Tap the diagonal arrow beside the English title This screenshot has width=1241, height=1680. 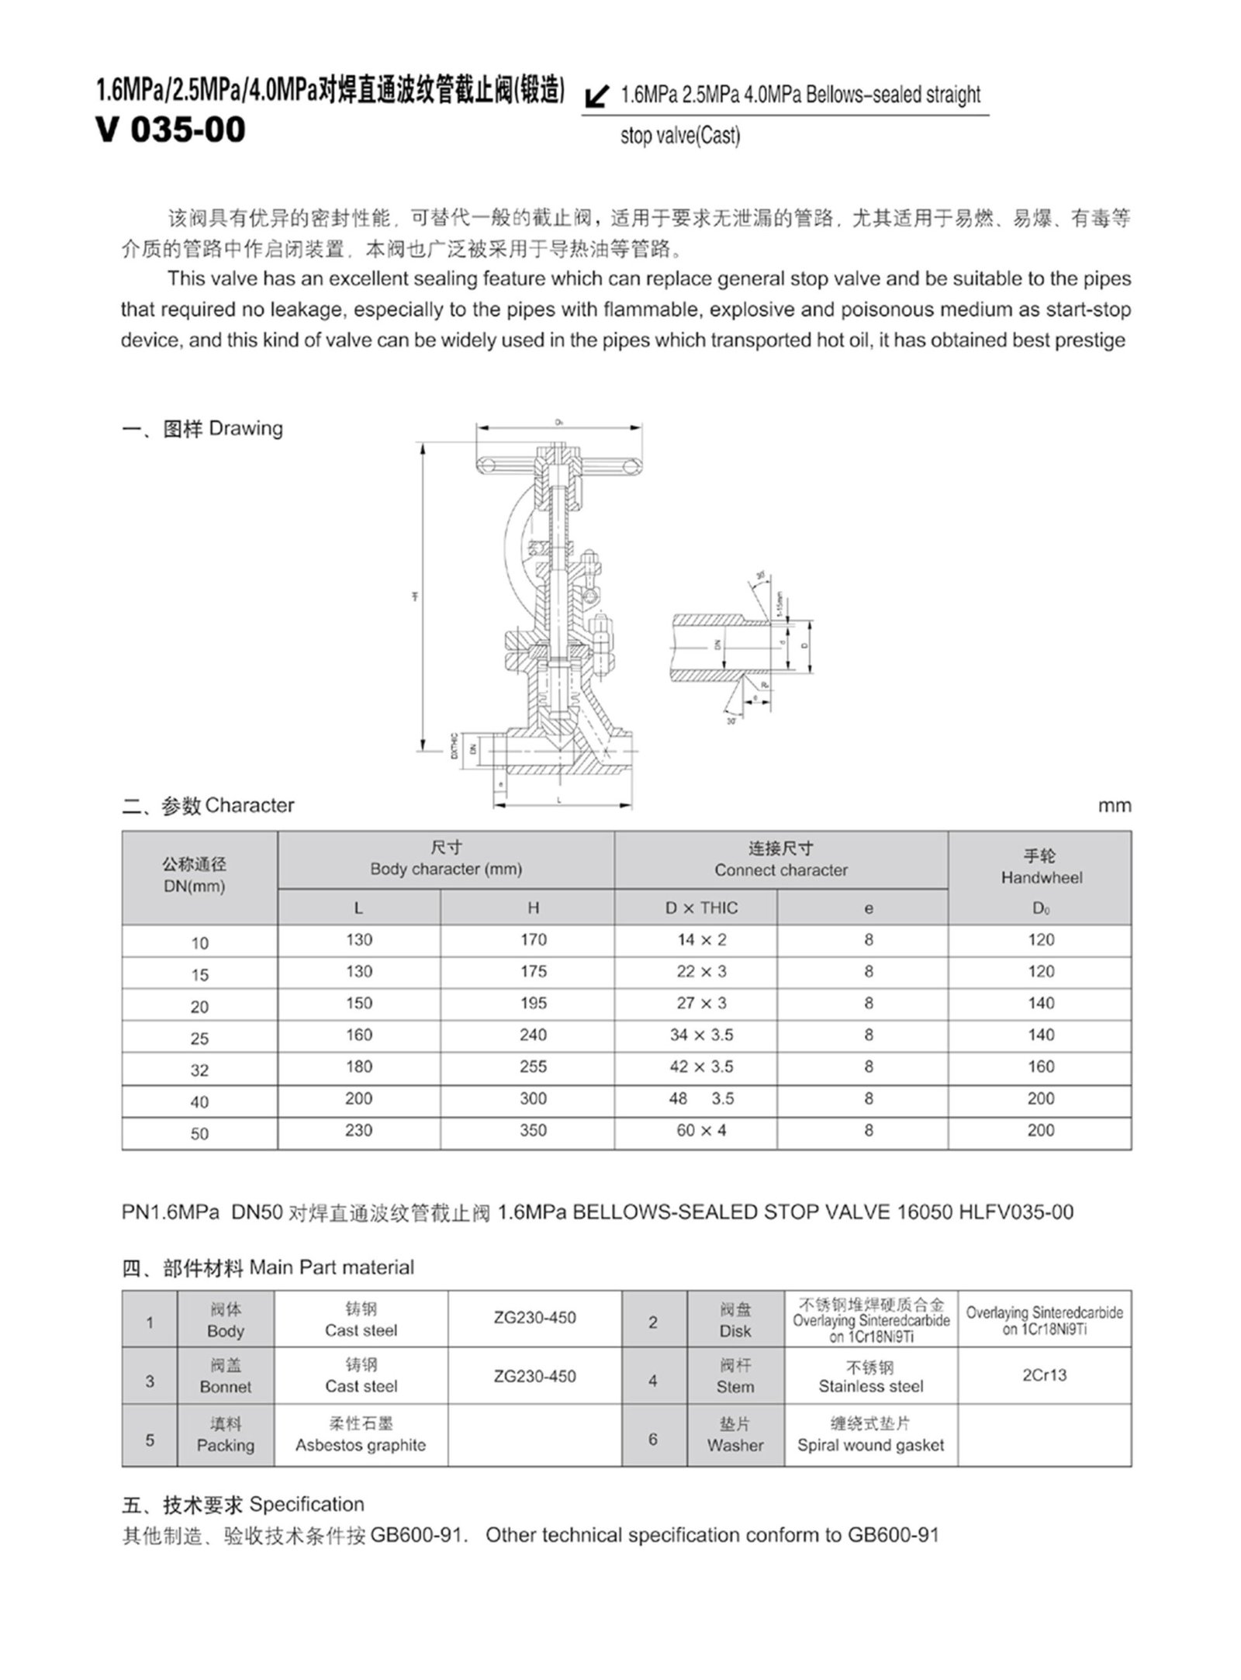click(x=596, y=96)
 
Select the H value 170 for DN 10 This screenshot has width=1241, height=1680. click(x=533, y=940)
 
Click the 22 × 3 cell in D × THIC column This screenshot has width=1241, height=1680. click(x=701, y=972)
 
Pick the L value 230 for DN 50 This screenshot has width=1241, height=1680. click(x=358, y=1131)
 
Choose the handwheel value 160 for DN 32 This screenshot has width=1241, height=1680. click(x=1040, y=1067)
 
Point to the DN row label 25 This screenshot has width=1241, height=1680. click(x=199, y=1039)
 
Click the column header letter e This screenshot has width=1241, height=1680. click(x=868, y=908)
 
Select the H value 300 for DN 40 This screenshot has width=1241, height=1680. click(x=533, y=1099)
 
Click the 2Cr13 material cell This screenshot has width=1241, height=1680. click(x=1044, y=1375)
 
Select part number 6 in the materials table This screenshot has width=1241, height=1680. click(x=653, y=1440)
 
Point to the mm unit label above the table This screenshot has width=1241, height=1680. click(x=1114, y=806)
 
